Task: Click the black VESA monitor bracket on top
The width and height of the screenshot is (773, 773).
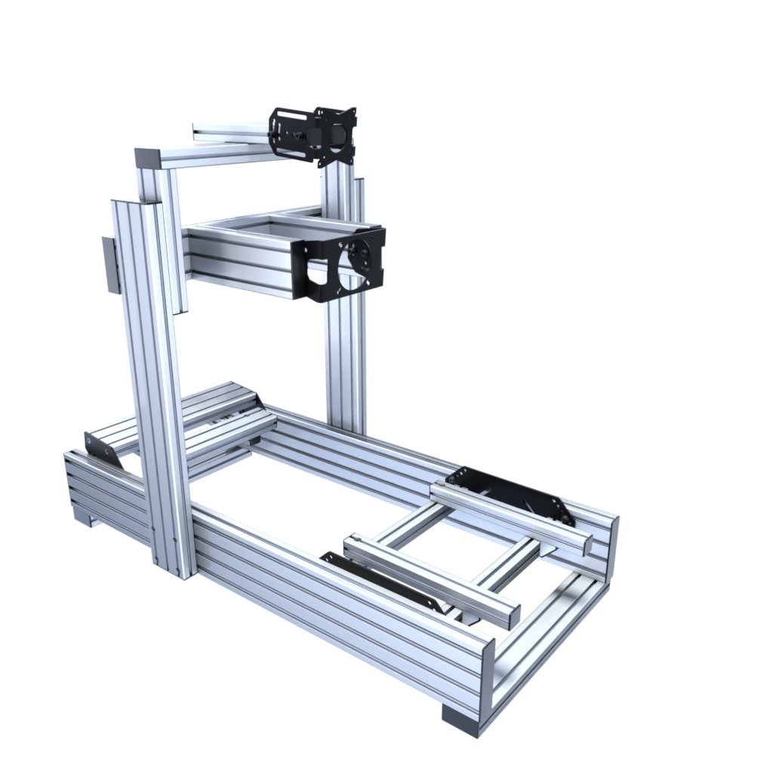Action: tap(314, 135)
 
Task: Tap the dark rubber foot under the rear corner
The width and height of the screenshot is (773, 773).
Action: tap(460, 720)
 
